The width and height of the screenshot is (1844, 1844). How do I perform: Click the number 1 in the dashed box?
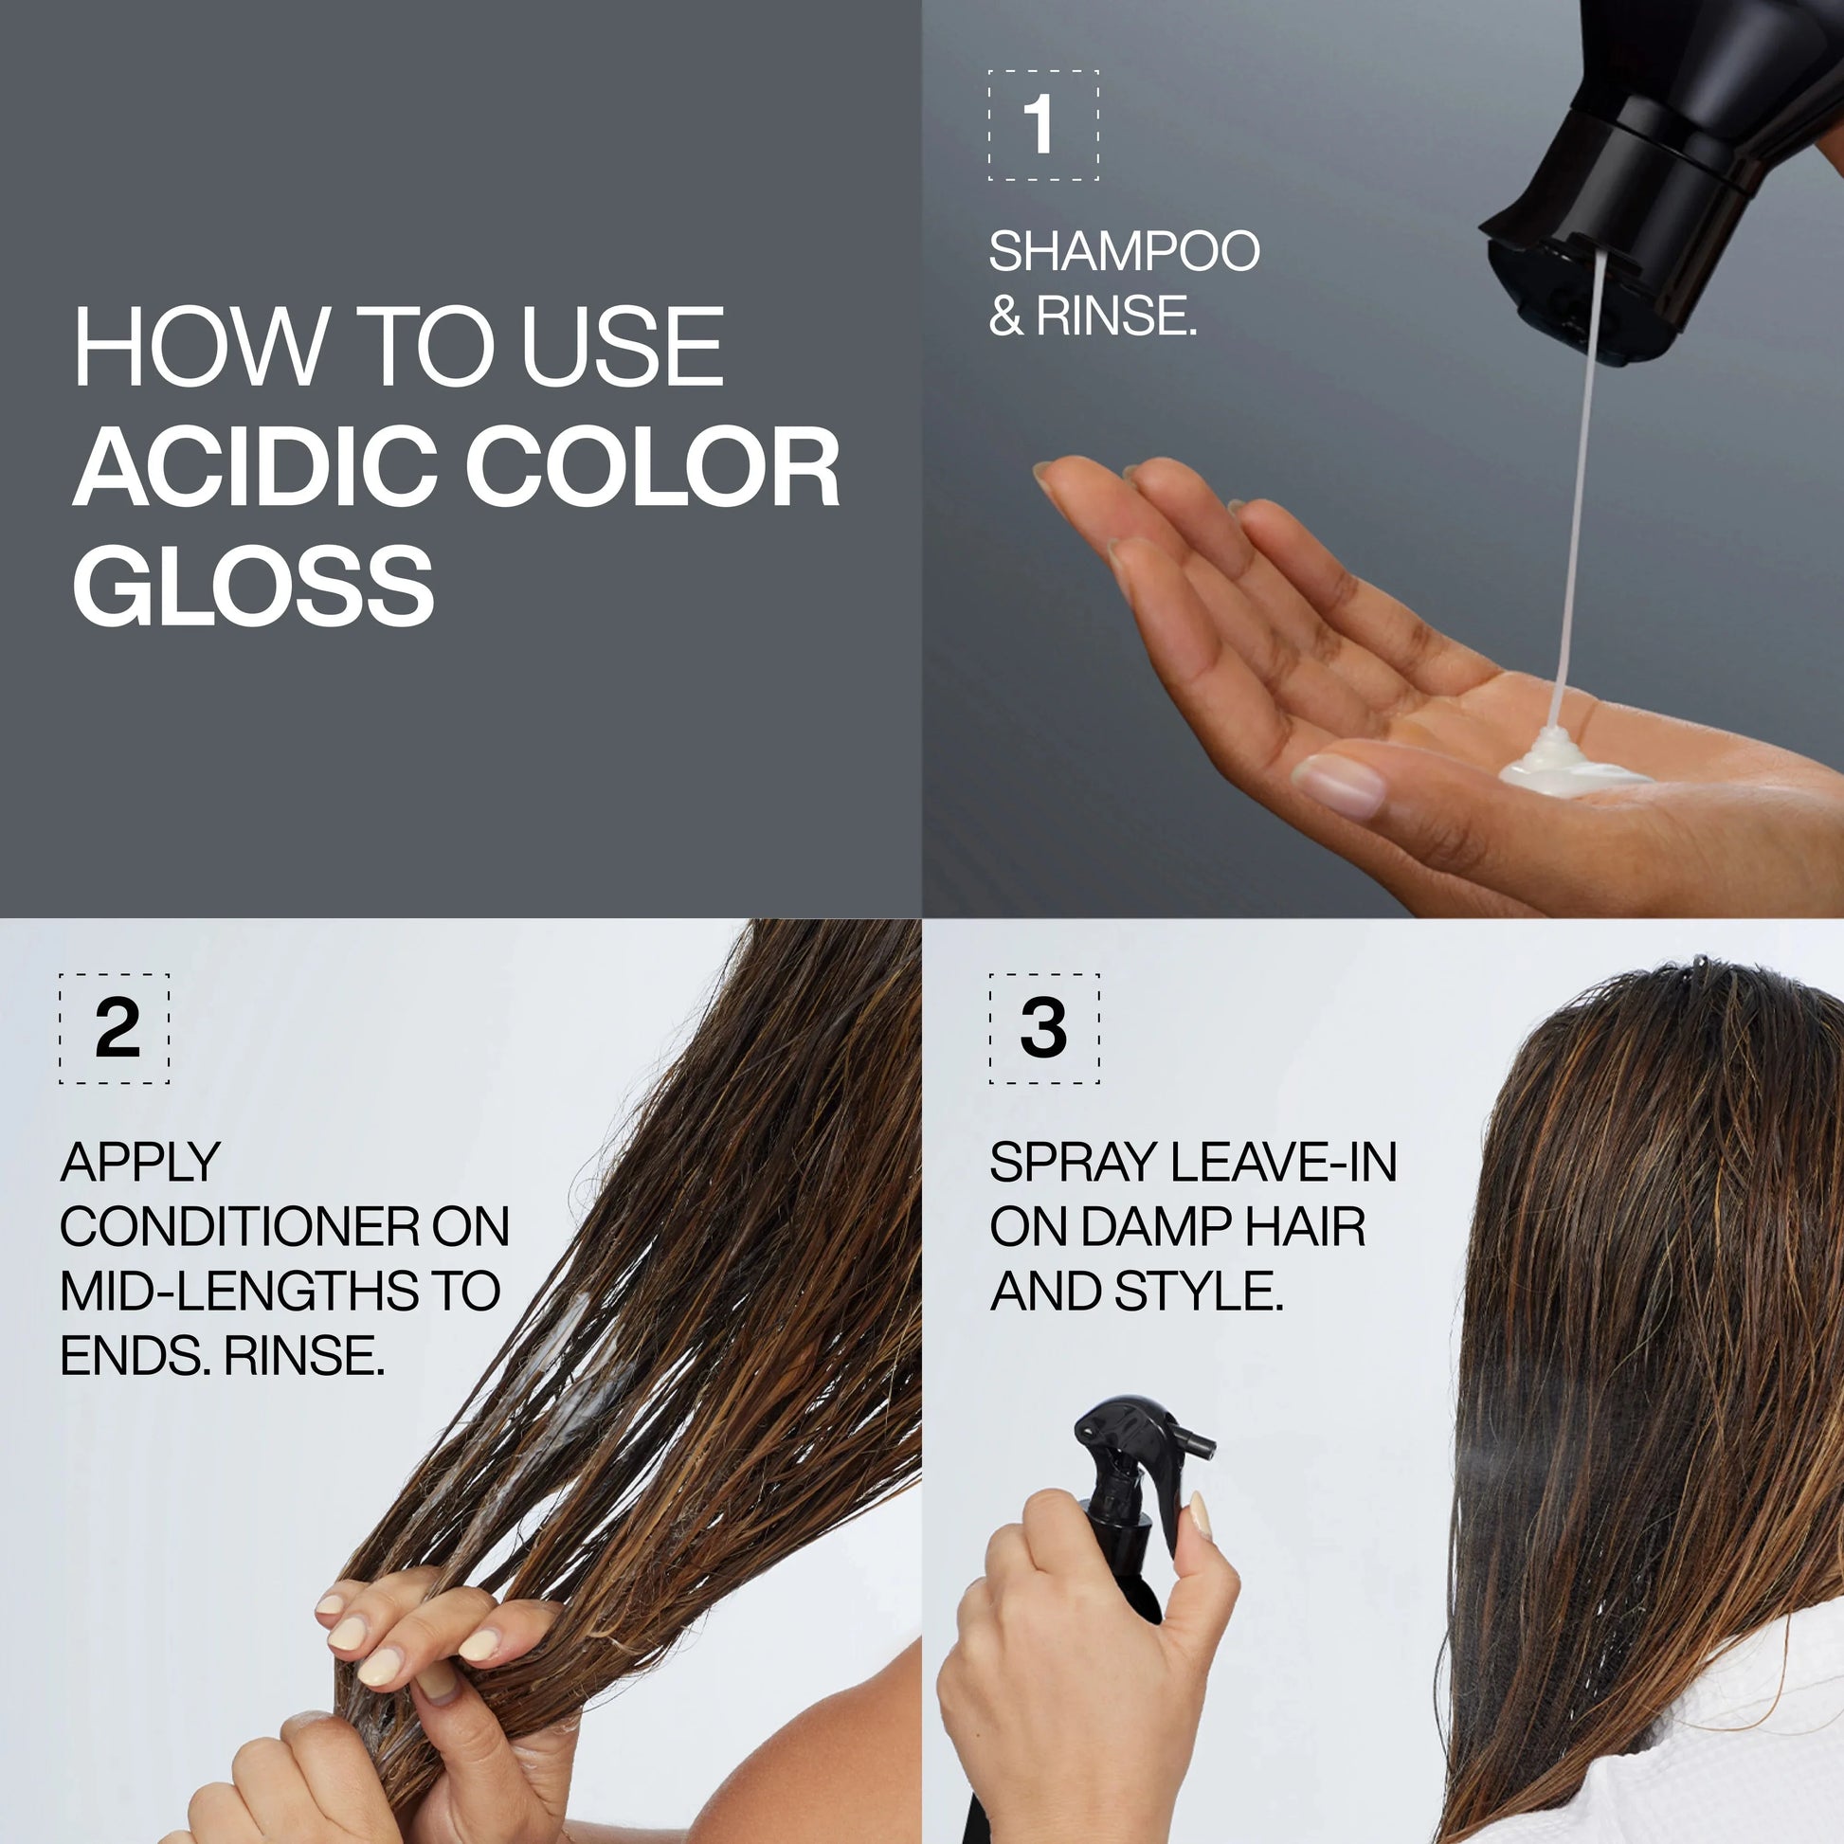(1040, 125)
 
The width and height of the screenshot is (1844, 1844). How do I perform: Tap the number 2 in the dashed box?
(118, 1029)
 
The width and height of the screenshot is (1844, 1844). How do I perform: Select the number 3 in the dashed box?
(1042, 1029)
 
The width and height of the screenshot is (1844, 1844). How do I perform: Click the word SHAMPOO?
(1124, 252)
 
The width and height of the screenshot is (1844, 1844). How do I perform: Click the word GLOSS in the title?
(253, 585)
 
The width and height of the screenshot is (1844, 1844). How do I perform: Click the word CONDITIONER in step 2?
(239, 1226)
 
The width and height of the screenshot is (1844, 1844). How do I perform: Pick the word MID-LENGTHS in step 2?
(239, 1291)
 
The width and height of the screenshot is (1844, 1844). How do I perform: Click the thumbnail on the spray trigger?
(1200, 1517)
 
